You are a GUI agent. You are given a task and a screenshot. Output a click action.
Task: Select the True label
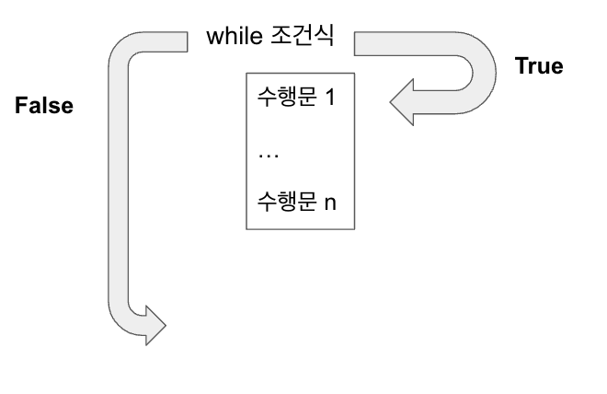[538, 65]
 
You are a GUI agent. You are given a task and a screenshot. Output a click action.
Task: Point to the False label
[44, 105]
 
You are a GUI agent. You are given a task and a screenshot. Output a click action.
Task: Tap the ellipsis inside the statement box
[269, 151]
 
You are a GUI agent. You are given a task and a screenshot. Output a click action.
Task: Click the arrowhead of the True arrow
[401, 99]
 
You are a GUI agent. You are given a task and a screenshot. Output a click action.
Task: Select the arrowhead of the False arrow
[155, 325]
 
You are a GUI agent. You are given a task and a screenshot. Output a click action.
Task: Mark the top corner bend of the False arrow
[122, 51]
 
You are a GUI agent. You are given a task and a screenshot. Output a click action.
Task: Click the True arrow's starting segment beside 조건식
[386, 42]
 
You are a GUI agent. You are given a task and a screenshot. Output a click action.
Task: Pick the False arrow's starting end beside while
[179, 42]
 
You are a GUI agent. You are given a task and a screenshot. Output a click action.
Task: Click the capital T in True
[520, 65]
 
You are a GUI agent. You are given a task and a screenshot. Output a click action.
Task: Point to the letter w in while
[213, 39]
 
